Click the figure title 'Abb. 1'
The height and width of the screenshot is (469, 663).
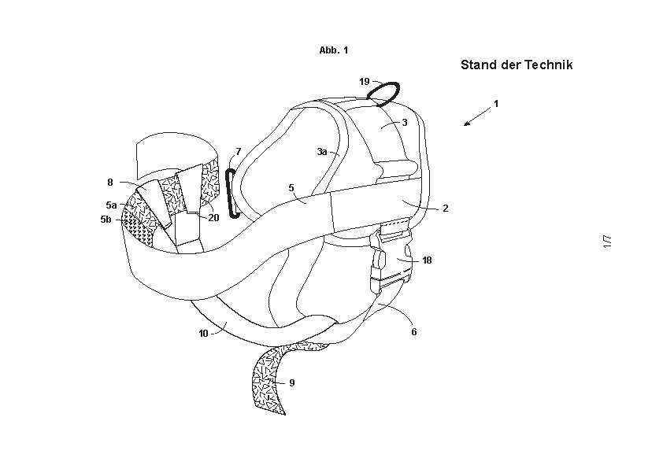point(333,50)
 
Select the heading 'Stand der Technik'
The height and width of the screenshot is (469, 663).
point(516,65)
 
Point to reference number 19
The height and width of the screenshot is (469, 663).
point(364,82)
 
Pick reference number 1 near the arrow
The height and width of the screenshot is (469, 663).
point(496,103)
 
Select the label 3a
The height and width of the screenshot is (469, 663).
point(321,152)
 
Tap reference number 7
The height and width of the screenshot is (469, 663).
point(238,151)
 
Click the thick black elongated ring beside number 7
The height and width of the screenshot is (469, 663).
point(231,193)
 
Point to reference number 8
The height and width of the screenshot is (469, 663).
point(109,183)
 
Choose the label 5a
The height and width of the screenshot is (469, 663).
point(110,205)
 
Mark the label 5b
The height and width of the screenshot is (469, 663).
point(106,220)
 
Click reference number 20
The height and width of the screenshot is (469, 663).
point(213,218)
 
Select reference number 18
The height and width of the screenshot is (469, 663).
point(427,260)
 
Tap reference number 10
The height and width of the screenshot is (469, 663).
point(203,333)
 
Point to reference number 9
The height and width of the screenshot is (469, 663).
point(291,382)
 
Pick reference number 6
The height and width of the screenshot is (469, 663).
point(414,332)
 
